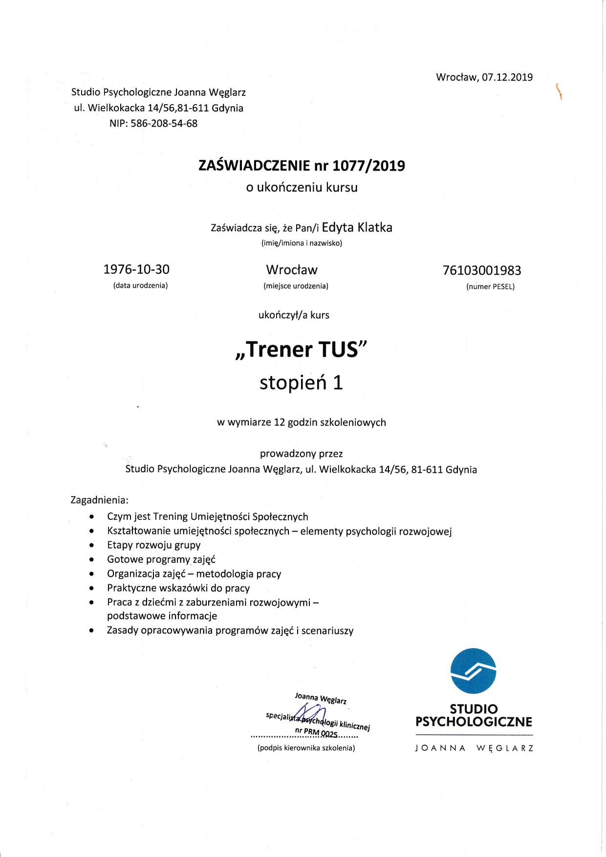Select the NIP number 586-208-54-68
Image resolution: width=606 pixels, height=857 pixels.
(164, 124)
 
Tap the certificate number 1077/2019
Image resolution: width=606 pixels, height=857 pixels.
(368, 166)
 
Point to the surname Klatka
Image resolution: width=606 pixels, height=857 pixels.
(375, 227)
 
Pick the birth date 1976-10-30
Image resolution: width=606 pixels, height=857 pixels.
(136, 269)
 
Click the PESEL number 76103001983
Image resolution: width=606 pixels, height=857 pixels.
(481, 270)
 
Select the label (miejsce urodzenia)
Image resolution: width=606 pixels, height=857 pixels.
(296, 286)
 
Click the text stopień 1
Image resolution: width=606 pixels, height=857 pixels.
(301, 382)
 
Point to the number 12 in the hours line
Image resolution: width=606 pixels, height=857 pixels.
(279, 422)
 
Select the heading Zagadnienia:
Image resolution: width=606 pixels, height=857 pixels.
(100, 500)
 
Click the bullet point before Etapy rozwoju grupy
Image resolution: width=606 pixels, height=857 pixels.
(92, 545)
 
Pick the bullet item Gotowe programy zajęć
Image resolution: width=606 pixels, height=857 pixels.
(161, 559)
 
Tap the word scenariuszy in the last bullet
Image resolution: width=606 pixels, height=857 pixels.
(327, 631)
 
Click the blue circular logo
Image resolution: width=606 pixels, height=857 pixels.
(473, 671)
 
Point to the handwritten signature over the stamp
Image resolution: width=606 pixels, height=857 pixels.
(311, 713)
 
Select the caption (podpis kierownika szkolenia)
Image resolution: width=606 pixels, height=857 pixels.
(306, 748)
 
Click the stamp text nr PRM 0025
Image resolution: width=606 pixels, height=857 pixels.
(316, 732)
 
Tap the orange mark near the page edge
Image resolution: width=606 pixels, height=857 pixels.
(558, 91)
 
